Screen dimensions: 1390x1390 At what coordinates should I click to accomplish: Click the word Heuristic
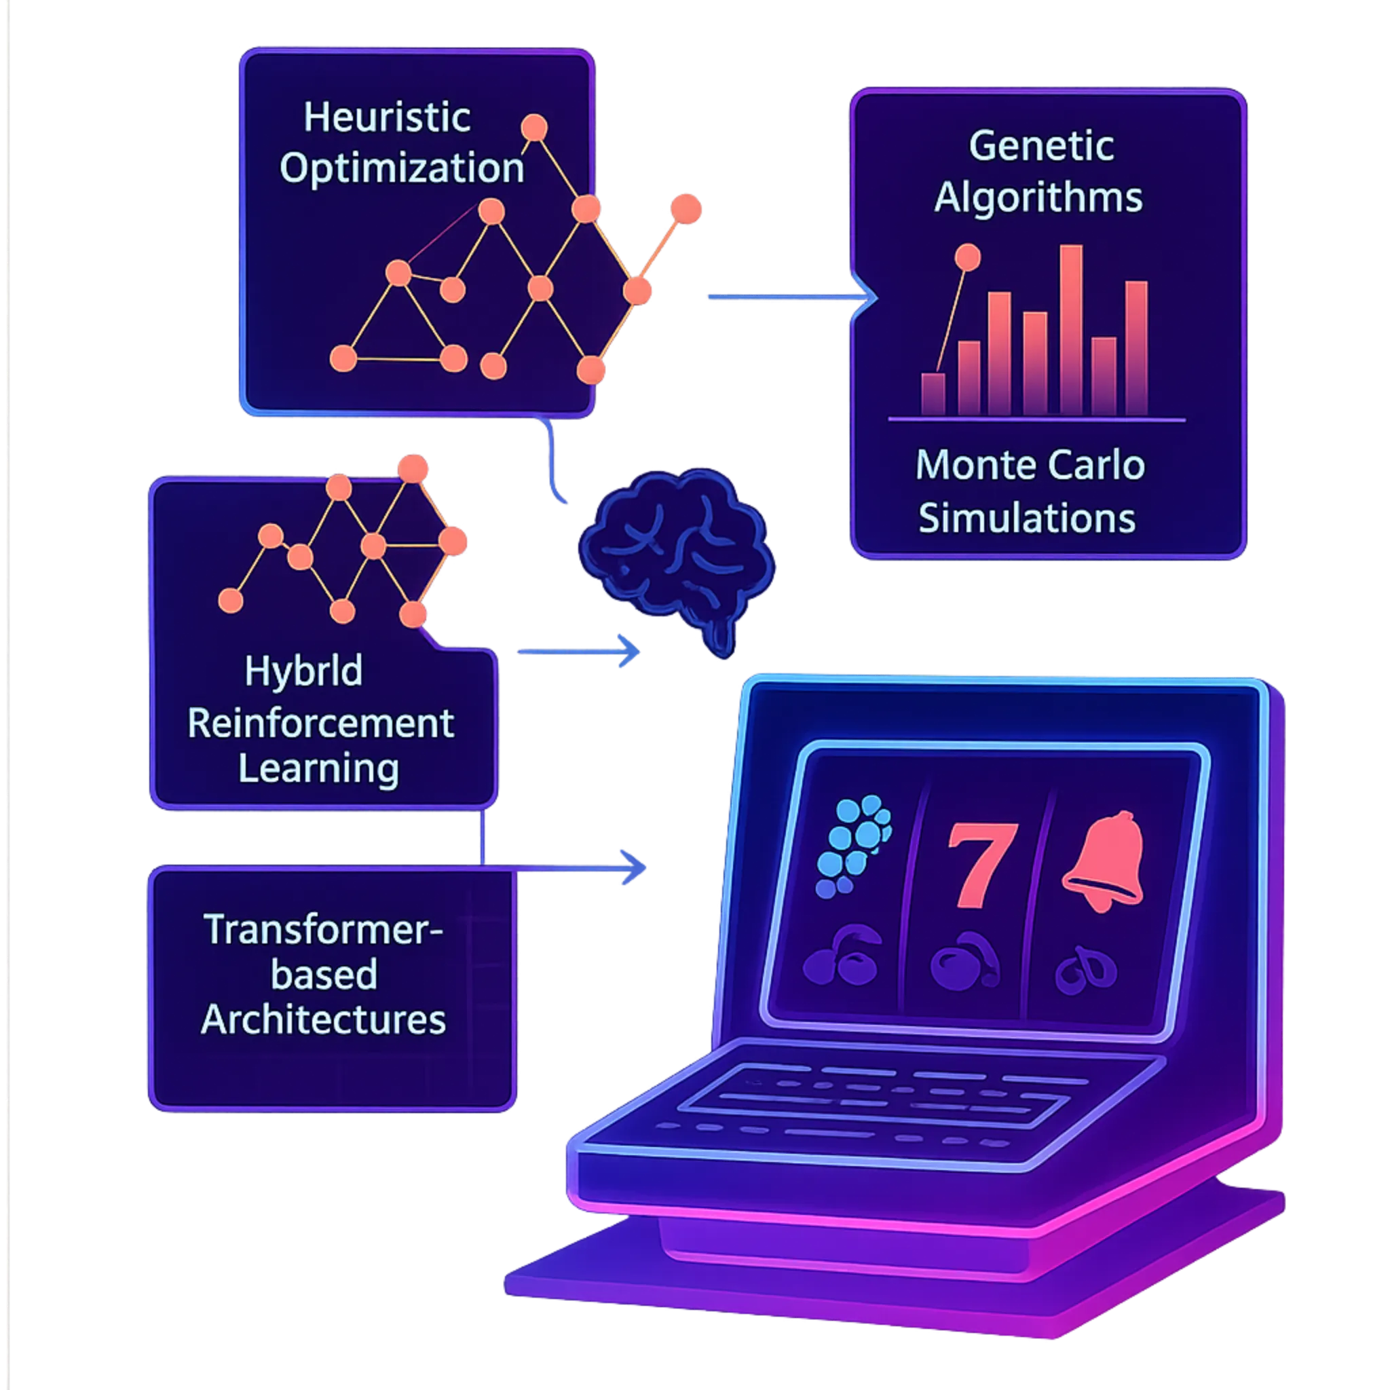[386, 117]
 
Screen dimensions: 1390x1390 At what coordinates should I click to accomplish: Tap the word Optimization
[402, 168]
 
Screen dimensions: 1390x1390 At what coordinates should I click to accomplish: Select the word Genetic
[1041, 146]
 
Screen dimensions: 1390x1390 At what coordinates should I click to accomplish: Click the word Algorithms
[1038, 197]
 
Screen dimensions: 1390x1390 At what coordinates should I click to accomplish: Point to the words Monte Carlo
[1030, 466]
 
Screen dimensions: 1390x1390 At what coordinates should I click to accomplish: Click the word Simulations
[1027, 519]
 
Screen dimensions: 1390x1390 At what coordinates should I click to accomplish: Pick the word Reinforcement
[320, 723]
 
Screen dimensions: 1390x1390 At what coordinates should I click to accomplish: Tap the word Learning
[318, 768]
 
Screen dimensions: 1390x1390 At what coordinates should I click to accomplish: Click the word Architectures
[323, 1020]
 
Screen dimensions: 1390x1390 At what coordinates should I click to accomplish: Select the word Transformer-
[323, 930]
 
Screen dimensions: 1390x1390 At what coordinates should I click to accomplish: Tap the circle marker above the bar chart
[967, 257]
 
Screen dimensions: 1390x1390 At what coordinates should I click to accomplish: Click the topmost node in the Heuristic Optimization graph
[534, 128]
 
